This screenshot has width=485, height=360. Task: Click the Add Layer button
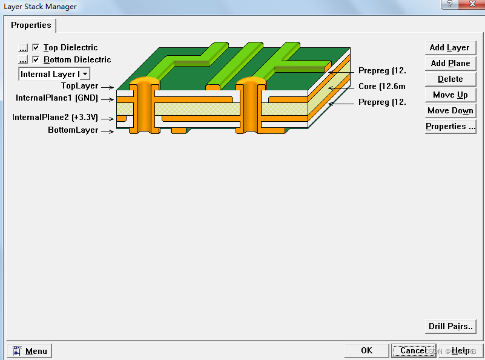450,47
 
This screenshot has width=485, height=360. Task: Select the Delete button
450,79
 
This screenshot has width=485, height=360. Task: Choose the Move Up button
450,95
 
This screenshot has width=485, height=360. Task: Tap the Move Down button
450,110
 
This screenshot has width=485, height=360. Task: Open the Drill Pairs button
450,326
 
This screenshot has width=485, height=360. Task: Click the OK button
366,350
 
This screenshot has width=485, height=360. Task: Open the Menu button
30,351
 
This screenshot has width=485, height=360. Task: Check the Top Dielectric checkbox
36,47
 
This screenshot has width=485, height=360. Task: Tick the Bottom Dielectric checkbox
36,59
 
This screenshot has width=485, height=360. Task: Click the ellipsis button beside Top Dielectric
23,47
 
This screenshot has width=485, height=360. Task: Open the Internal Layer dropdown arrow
85,74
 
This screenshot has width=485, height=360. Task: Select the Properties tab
31,25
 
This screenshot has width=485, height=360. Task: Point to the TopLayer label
79,86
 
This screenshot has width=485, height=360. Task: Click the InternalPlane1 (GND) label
56,98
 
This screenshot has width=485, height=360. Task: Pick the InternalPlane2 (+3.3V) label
55,117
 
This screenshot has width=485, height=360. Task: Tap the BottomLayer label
73,130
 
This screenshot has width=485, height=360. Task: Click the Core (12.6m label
381,87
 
